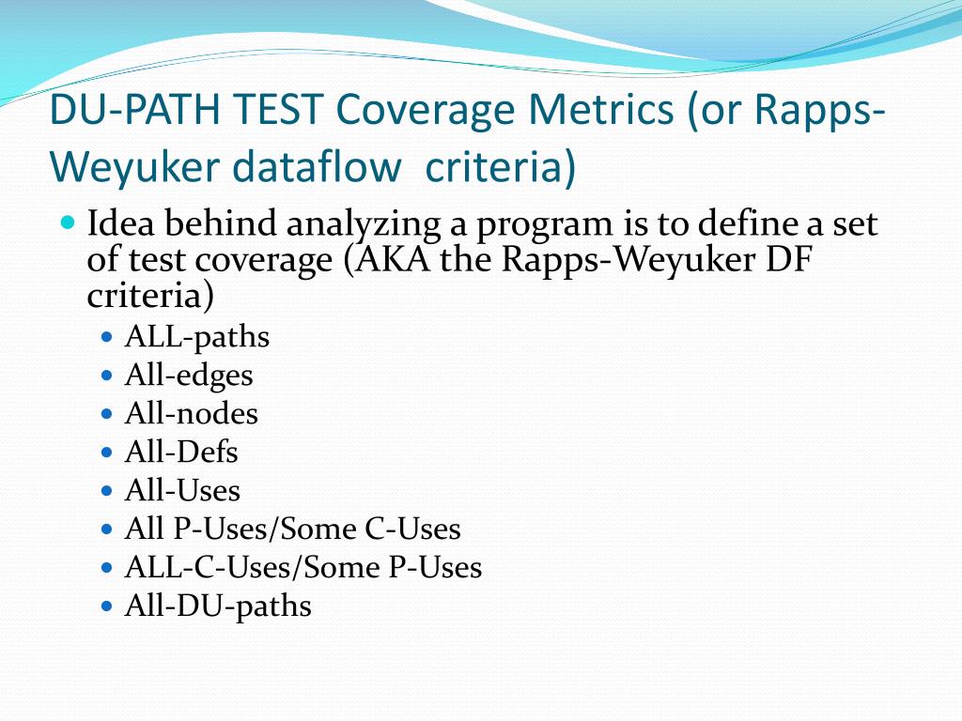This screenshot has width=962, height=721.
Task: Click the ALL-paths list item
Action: pyautogui.click(x=197, y=336)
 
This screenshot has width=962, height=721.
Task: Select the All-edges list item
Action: pyautogui.click(x=189, y=376)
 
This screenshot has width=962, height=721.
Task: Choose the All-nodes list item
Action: pyautogui.click(x=191, y=413)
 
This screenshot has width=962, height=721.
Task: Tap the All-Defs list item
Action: pyautogui.click(x=181, y=453)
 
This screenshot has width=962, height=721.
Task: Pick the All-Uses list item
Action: pyautogui.click(x=182, y=490)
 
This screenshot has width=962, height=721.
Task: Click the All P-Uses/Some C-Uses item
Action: pyautogui.click(x=292, y=529)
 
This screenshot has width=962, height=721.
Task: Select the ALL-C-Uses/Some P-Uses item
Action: pyautogui.click(x=303, y=567)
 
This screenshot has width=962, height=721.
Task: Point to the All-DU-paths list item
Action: pyautogui.click(x=218, y=606)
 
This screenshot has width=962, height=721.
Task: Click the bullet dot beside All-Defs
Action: pyautogui.click(x=107, y=452)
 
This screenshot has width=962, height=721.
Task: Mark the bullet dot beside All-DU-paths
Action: pyautogui.click(x=107, y=606)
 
